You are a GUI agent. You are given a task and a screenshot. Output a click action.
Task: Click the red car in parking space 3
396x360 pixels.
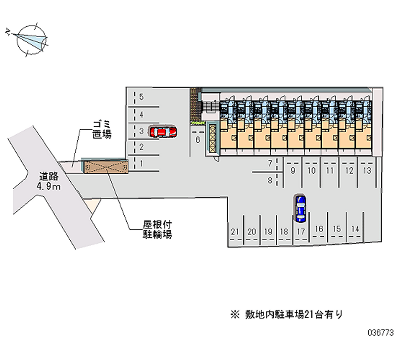pyautogui.click(x=162, y=131)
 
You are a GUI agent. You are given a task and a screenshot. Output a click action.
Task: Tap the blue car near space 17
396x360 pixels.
pyautogui.click(x=300, y=207)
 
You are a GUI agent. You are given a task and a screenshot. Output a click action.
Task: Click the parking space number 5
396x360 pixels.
pyautogui.click(x=141, y=97)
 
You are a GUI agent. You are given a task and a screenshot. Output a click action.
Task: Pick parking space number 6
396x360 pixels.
pyautogui.click(x=197, y=140)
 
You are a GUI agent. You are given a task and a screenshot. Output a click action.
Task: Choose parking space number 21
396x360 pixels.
pyautogui.click(x=235, y=232)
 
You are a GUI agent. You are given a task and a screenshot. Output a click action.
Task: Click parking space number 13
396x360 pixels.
pyautogui.click(x=367, y=171)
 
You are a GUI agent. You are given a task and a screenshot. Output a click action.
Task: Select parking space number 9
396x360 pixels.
pyautogui.click(x=293, y=171)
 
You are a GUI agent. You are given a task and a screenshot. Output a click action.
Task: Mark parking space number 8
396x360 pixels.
pyautogui.click(x=270, y=180)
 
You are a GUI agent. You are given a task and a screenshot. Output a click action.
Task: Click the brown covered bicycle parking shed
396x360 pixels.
pyautogui.click(x=105, y=167)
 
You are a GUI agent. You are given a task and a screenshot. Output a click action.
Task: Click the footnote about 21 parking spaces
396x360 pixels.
pyautogui.click(x=286, y=314)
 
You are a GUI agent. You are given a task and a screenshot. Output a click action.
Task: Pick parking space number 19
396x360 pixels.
pyautogui.click(x=268, y=232)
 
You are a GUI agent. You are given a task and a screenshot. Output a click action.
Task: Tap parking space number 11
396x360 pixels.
pyautogui.click(x=330, y=171)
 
